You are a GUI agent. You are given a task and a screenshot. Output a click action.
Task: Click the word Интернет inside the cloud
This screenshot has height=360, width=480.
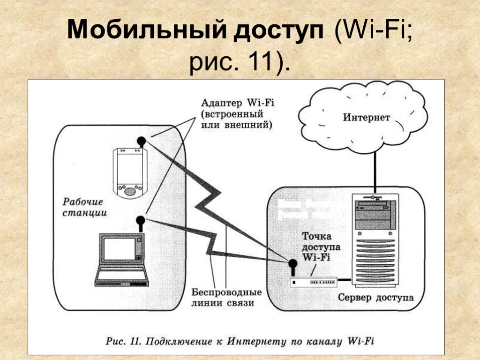(x=366, y=117)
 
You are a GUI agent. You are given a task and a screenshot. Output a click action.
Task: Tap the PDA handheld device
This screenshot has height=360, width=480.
(x=129, y=172)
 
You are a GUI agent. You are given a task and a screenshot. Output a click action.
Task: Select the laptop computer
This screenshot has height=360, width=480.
(x=122, y=261)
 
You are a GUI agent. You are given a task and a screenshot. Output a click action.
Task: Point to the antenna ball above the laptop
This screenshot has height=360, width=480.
(x=140, y=220)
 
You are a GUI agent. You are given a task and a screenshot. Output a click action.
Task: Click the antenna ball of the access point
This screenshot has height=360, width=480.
(x=292, y=264)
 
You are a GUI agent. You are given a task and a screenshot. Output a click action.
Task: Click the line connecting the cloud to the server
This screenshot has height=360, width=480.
(x=375, y=169)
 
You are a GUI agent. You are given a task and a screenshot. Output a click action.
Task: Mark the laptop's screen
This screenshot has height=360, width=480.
(x=119, y=249)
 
